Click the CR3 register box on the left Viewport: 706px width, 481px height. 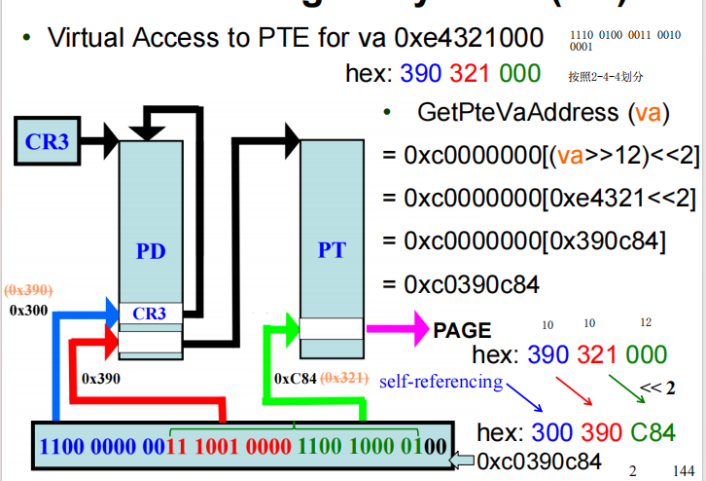(48, 142)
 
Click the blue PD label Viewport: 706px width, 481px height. (152, 252)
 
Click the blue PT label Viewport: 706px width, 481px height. (332, 250)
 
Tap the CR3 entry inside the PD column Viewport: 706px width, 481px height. (150, 314)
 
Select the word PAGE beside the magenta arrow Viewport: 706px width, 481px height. (462, 331)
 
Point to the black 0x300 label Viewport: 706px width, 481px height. (28, 310)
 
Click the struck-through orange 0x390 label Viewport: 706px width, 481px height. (29, 290)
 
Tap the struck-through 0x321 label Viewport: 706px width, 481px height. (343, 378)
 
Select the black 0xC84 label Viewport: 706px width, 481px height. (296, 378)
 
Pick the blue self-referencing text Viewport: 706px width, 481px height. (441, 382)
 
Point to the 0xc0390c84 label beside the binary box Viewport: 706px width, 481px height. (538, 461)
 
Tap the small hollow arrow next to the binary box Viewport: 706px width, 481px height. (466, 460)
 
